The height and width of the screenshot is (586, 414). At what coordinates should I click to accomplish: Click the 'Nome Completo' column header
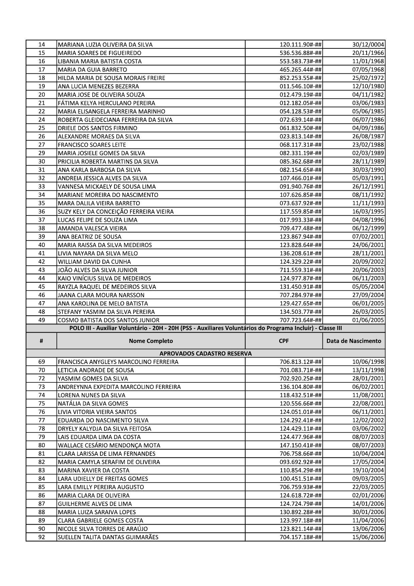coord(151,341)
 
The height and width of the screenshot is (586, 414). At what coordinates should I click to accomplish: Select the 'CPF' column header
coord(284,341)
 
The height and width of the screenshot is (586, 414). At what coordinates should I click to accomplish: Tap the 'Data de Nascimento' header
coord(354,341)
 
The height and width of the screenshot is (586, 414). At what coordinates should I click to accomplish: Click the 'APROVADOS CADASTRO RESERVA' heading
coord(205,354)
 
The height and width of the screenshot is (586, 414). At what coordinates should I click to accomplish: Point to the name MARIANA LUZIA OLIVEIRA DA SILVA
coord(105,45)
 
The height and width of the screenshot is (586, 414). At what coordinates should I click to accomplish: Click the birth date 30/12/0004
coord(368,45)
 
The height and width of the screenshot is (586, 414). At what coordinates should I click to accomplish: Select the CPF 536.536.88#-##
coord(300,53)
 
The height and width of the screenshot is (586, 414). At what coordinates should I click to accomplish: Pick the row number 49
coord(41,320)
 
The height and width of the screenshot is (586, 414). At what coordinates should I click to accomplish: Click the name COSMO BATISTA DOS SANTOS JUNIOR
coord(108,320)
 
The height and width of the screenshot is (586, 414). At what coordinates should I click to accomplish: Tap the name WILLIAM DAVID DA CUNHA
coord(94,262)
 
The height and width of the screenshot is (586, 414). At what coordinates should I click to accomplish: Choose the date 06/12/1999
coord(368,228)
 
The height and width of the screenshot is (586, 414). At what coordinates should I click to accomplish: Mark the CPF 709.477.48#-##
coord(300,228)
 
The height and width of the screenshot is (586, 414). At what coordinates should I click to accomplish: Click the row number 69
coord(41,362)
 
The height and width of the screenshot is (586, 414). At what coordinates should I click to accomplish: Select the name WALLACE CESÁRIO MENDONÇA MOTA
coord(109,445)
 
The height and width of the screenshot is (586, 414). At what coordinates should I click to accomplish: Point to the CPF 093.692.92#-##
coord(300,462)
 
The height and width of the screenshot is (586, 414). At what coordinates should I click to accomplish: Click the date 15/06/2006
coord(368,537)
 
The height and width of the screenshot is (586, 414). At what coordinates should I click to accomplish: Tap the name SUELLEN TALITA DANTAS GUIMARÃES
coord(108,537)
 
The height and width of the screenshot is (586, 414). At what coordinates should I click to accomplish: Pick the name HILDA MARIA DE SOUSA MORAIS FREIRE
coord(111,78)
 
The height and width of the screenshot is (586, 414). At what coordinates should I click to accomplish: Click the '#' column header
coord(41,341)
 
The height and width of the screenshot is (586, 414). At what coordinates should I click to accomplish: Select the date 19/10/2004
coord(368,470)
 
